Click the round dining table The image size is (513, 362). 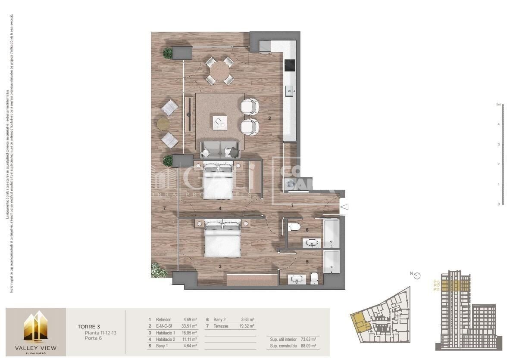click(x=220, y=71)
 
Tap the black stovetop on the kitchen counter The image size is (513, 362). click(x=290, y=65)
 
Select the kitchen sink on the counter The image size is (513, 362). click(x=290, y=91)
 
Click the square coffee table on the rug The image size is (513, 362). click(x=220, y=122)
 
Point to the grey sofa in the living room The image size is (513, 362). click(x=220, y=150)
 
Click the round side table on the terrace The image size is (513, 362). click(x=163, y=124)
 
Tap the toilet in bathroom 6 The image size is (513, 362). click(x=294, y=226)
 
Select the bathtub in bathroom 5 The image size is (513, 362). click(x=332, y=263)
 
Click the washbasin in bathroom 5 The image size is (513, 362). click(x=297, y=280)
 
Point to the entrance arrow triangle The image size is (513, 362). click(x=344, y=207)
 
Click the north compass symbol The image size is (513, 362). click(x=416, y=275)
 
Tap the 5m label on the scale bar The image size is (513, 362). click(x=498, y=105)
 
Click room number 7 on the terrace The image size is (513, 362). click(x=164, y=208)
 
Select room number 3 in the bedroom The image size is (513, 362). click(x=220, y=266)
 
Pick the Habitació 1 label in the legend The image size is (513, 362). click(x=166, y=333)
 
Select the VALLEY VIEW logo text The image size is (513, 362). click(x=35, y=347)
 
